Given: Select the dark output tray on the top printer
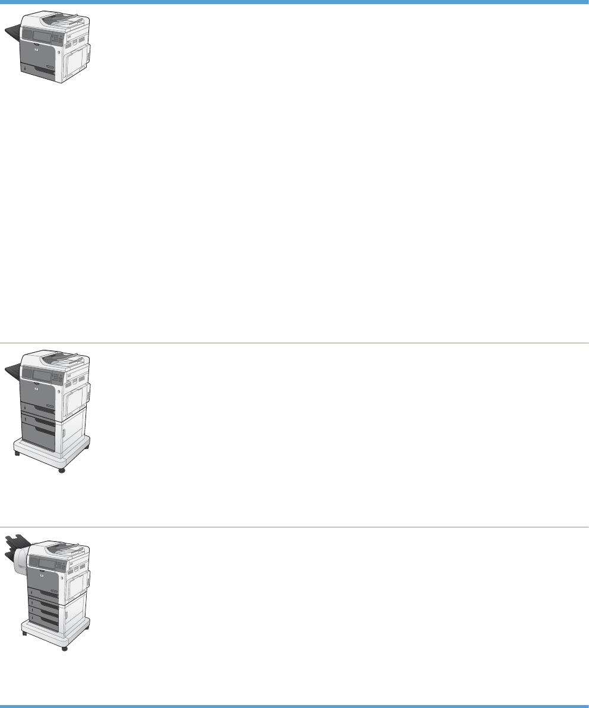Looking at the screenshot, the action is (13, 37).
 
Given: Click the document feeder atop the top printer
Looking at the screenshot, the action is (62, 23).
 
